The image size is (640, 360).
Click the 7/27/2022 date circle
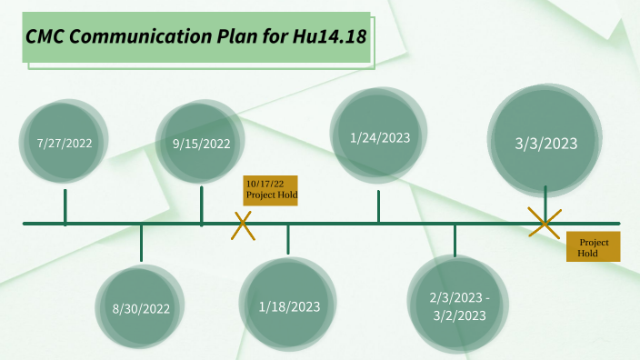(x=65, y=144)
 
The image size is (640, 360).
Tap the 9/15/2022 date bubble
(x=201, y=144)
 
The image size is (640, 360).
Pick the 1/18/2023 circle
(x=289, y=306)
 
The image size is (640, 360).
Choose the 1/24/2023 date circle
(x=380, y=138)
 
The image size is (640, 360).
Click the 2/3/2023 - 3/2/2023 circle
(x=459, y=306)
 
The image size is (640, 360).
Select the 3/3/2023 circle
(x=545, y=143)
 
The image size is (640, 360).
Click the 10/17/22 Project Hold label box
(x=271, y=189)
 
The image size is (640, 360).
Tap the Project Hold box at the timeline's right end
(x=593, y=248)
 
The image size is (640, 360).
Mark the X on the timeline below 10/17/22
(x=243, y=225)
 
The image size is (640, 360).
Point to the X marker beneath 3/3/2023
(x=545, y=223)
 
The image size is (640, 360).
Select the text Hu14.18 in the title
(x=330, y=37)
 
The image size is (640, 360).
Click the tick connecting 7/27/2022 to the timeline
(x=65, y=206)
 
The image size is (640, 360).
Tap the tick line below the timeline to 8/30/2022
(x=141, y=243)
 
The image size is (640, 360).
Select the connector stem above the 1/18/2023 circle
(x=288, y=239)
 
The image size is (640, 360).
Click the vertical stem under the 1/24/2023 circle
(x=379, y=205)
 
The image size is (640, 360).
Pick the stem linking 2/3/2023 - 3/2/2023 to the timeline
(x=455, y=239)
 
